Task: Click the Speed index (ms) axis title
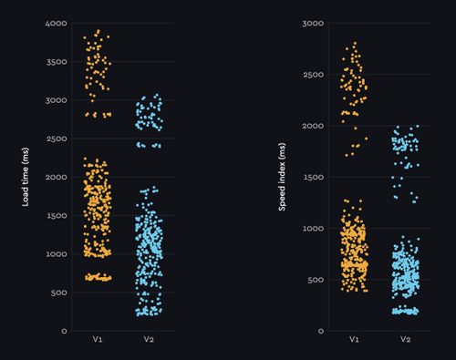coord(283,177)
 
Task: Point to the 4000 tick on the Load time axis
coord(56,23)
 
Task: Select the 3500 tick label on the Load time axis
coord(56,62)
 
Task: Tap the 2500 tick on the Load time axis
coord(56,139)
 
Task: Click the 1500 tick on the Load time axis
coord(56,216)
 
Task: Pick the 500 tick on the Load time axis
coord(58,293)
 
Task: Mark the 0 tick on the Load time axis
coord(63,332)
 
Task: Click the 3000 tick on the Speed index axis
coord(312,23)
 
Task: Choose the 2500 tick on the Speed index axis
coord(312,75)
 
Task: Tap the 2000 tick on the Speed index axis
coord(312,126)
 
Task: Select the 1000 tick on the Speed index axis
coord(312,229)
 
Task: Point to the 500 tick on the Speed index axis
coord(315,280)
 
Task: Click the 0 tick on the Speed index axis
coord(319,332)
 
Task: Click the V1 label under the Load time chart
coord(97,340)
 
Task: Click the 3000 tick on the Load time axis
coord(56,100)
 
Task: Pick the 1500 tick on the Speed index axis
coord(312,178)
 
